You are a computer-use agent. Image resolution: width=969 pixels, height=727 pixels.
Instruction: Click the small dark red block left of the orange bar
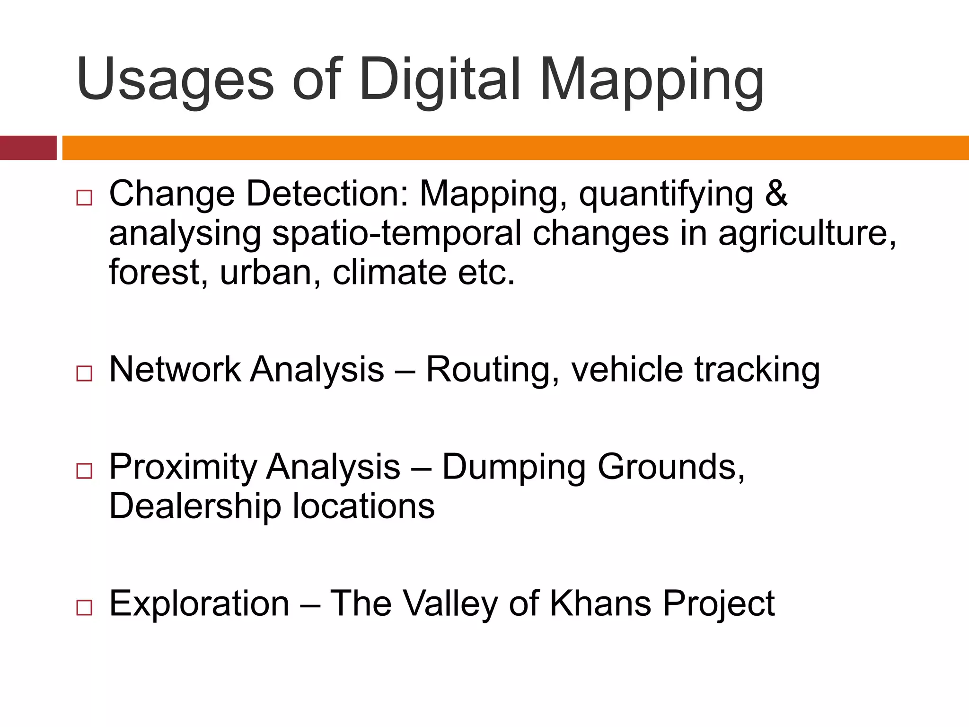pos(28,148)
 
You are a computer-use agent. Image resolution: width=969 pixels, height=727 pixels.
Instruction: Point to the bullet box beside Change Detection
pos(84,197)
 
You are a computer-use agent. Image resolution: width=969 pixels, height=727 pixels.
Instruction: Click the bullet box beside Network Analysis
pos(84,373)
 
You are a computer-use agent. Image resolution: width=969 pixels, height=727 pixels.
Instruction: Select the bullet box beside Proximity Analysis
pos(84,471)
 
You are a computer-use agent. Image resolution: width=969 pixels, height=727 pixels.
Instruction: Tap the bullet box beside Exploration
pos(84,607)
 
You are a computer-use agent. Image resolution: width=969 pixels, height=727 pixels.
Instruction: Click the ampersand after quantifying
pos(776,194)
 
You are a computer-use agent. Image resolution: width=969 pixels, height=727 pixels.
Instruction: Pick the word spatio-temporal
pos(396,233)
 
